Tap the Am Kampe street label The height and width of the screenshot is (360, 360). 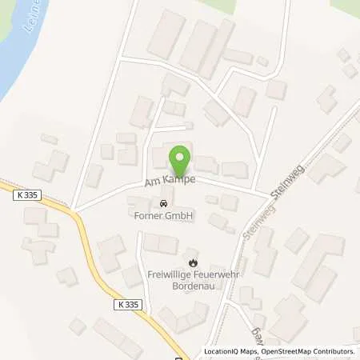pos(170,182)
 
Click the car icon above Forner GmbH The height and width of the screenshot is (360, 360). pos(164,202)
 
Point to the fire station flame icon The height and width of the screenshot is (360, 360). pos(192,262)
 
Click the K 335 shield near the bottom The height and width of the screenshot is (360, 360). pos(122,304)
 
